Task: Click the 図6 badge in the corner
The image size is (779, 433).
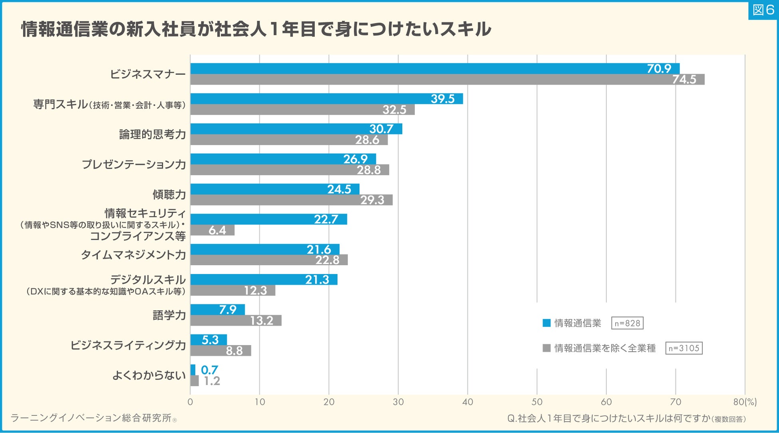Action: tap(763, 10)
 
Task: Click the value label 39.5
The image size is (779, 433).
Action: tap(443, 99)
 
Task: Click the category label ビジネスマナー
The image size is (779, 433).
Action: tap(148, 74)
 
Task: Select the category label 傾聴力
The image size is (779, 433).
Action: tap(169, 195)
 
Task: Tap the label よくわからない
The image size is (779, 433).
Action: tap(149, 375)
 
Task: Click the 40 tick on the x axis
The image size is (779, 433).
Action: tap(467, 402)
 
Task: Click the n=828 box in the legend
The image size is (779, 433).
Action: tap(627, 323)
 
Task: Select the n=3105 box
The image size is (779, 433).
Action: tap(684, 348)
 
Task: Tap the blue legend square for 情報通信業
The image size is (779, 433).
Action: tap(546, 323)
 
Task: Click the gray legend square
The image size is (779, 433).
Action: tap(546, 348)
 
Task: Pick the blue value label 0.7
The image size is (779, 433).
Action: tap(209, 370)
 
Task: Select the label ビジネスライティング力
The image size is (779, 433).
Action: tap(128, 345)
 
